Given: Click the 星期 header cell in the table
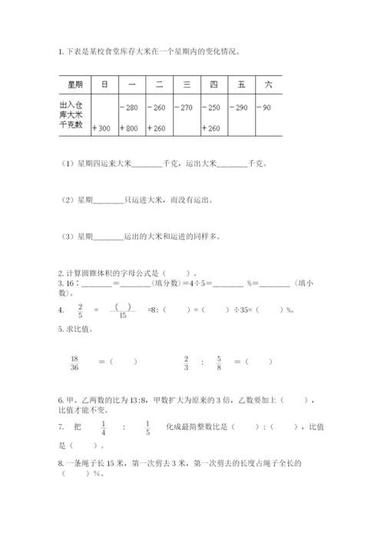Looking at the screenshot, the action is point(74,84).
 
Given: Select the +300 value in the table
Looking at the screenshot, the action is point(101,128).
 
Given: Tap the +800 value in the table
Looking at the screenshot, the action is point(128,128).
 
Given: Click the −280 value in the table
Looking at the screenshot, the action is point(129,107).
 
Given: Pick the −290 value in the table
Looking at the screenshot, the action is point(240,107).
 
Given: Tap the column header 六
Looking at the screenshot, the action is point(267,84).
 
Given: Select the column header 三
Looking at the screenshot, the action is point(186,84).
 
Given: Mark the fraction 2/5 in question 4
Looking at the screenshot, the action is point(80,310).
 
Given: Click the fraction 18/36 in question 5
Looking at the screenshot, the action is point(74,362).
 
